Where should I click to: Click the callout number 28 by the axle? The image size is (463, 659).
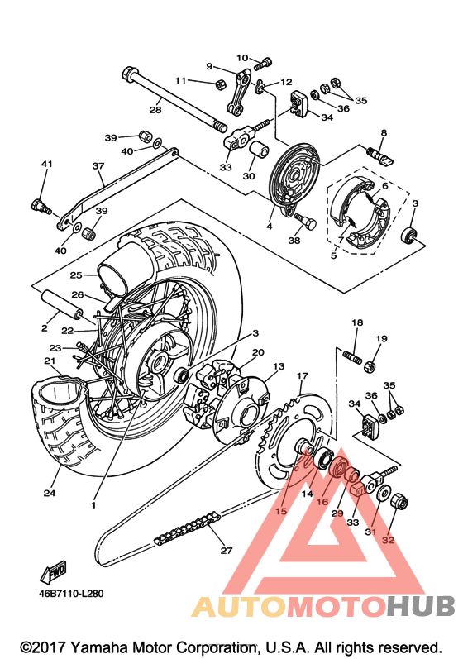[155, 110]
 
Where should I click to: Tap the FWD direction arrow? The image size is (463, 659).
[54, 571]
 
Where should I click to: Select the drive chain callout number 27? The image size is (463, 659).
[226, 550]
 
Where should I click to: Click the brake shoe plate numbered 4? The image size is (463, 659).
[295, 180]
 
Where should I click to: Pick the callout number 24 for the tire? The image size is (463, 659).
[50, 493]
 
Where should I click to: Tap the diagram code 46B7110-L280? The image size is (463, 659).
[71, 594]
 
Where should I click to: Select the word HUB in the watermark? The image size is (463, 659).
[421, 606]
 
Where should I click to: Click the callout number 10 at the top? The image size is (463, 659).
[242, 58]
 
